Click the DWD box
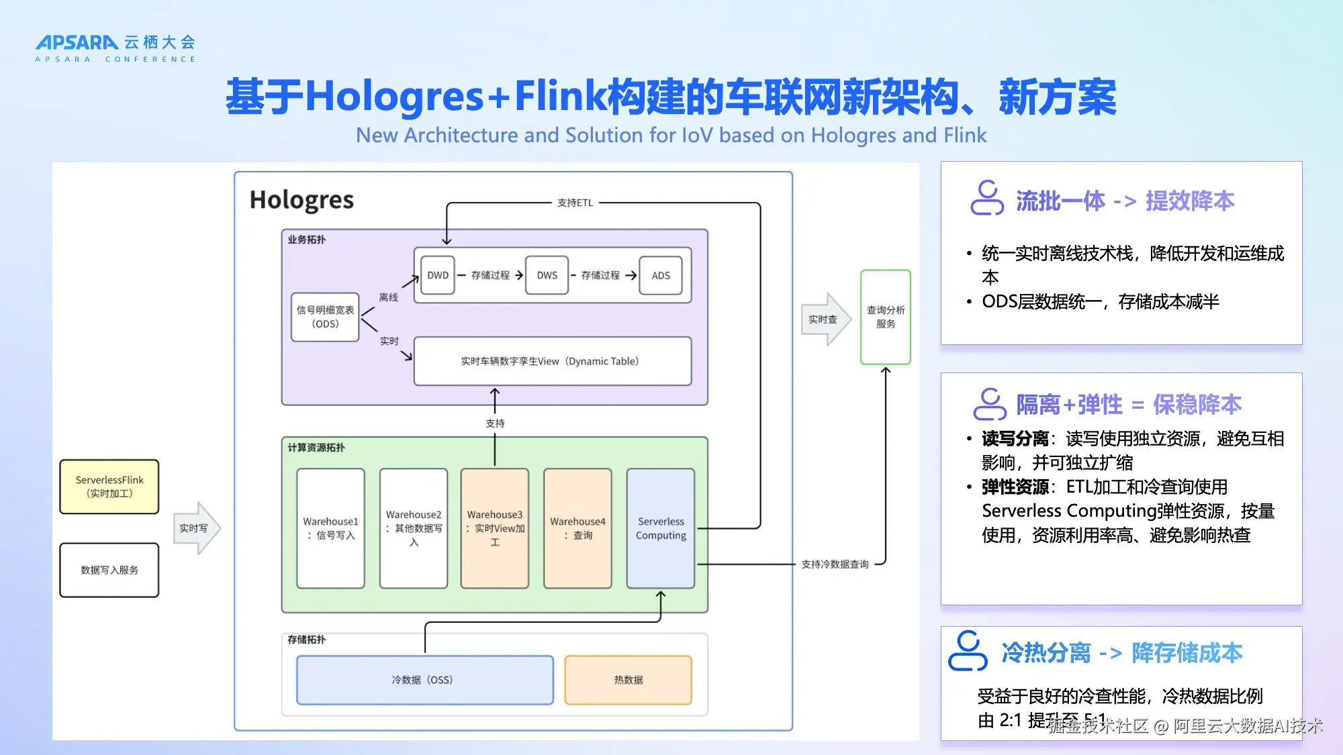[438, 275]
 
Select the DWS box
[547, 275]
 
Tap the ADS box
[661, 275]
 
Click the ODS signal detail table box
[325, 317]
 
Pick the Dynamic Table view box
[552, 361]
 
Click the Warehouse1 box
[330, 528]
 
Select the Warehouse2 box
[414, 528]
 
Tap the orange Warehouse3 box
[495, 528]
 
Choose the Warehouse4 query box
[577, 528]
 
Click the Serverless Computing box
[661, 528]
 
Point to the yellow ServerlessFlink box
[109, 487]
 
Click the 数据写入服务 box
[109, 570]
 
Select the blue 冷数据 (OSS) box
[424, 680]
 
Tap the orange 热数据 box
[628, 680]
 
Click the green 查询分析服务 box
[885, 317]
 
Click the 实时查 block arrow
[825, 319]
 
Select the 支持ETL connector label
[575, 203]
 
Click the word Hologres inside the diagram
[302, 200]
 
